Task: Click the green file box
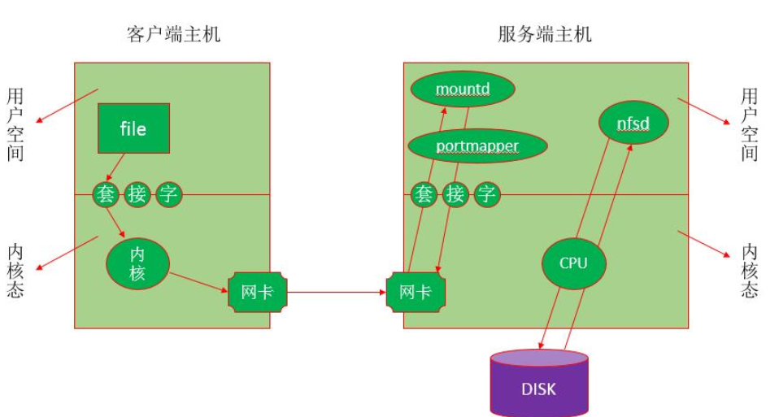pos(133,128)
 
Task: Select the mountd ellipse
pos(462,89)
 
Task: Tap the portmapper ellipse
pos(477,146)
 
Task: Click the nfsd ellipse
pos(633,124)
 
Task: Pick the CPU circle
pos(573,263)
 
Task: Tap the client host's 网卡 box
pos(256,292)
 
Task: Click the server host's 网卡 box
pos(415,292)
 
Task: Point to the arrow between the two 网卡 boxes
pos(336,292)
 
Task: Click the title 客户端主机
pos(173,34)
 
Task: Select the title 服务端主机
pos(544,34)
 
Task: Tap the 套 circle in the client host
pos(107,194)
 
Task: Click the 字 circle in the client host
pos(169,194)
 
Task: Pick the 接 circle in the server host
pos(455,194)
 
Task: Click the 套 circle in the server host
pos(424,194)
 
